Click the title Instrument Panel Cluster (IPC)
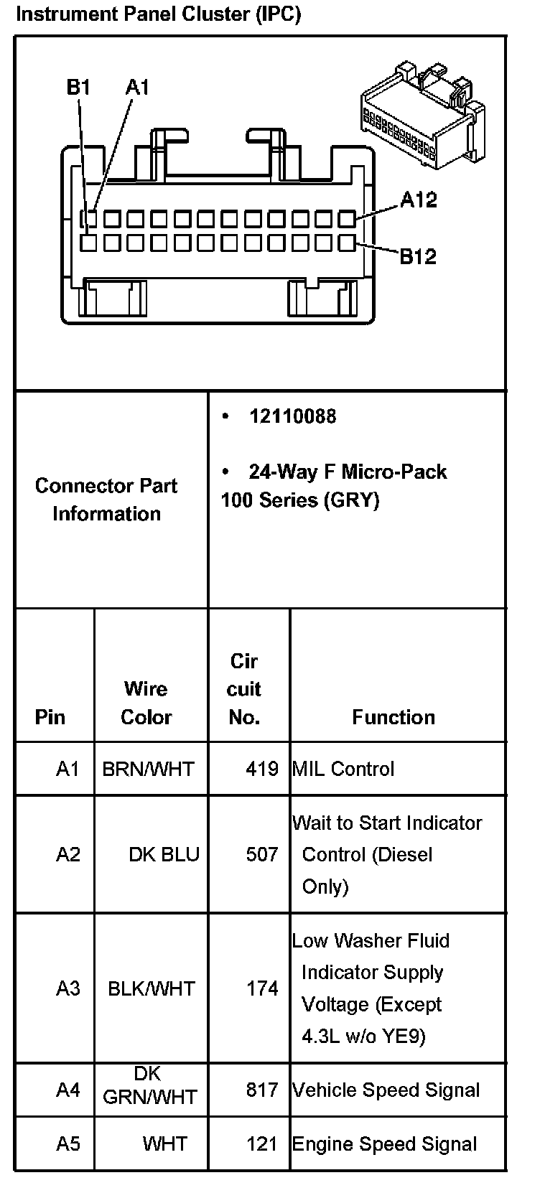158,14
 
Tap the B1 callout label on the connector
78,88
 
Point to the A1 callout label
137,88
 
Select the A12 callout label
419,200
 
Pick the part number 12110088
292,416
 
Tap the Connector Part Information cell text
106,500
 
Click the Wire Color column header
146,703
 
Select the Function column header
394,717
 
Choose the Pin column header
50,717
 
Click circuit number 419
262,769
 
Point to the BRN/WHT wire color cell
148,769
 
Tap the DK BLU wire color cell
164,854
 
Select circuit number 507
262,854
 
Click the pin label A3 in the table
68,988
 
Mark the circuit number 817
262,1090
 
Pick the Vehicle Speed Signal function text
386,1090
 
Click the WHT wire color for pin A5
165,1143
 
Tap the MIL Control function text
343,769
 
